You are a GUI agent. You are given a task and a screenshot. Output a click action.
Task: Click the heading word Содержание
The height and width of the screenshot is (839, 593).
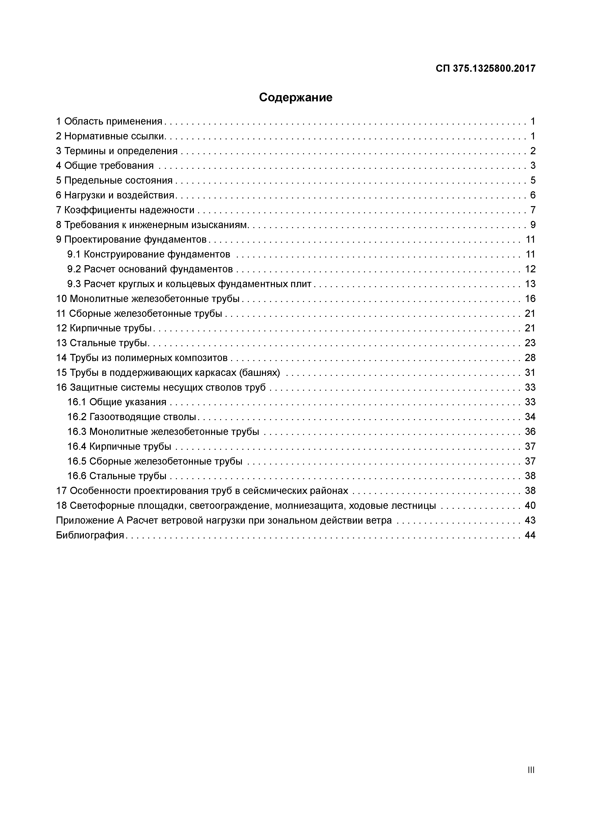coord(296,98)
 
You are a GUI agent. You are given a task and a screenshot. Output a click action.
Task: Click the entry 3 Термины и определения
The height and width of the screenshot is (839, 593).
coord(117,151)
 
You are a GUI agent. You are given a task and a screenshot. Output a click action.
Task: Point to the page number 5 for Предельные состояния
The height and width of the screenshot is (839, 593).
coord(533,181)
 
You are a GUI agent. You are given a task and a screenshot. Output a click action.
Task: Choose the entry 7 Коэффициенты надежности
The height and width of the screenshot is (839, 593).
coord(125,210)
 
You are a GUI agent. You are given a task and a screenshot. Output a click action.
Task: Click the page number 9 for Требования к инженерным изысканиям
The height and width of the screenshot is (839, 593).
coord(533,225)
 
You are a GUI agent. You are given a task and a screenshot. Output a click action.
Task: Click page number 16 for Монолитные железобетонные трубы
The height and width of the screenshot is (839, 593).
coord(530,299)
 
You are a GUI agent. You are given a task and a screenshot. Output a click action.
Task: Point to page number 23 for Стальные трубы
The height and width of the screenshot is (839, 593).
coord(530,343)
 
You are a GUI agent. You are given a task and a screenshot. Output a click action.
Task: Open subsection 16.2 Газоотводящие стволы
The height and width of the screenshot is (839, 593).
coord(132,417)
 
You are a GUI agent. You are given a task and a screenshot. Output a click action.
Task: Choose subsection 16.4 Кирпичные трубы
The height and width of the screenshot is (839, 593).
coord(119,447)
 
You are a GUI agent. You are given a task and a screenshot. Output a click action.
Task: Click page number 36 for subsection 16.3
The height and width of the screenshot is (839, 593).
coord(530,432)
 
